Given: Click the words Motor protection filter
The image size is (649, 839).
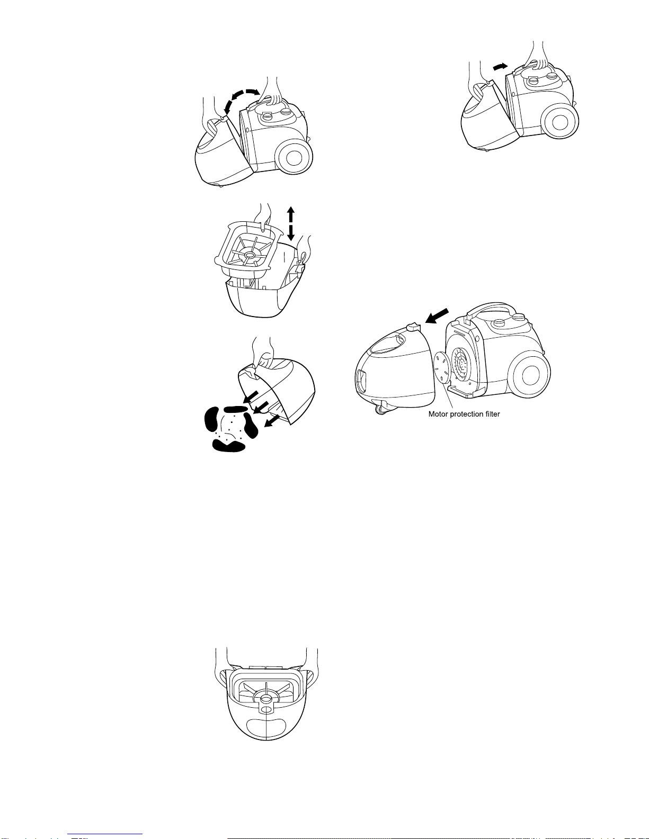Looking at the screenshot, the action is (x=464, y=414).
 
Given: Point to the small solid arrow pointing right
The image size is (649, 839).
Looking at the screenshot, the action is (x=501, y=66).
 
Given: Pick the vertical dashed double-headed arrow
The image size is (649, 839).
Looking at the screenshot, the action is (x=291, y=223).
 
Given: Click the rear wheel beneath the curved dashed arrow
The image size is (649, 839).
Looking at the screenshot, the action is (x=294, y=158).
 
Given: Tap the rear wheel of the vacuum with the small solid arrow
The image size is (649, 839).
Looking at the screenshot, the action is (x=560, y=122).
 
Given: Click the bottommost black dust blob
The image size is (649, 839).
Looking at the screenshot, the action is (x=229, y=446).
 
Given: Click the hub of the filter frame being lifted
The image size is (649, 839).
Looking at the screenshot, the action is (x=250, y=255).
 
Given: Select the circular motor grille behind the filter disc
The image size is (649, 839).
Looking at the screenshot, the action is (x=466, y=364).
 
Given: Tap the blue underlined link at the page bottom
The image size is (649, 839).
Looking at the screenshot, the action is (x=105, y=835).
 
